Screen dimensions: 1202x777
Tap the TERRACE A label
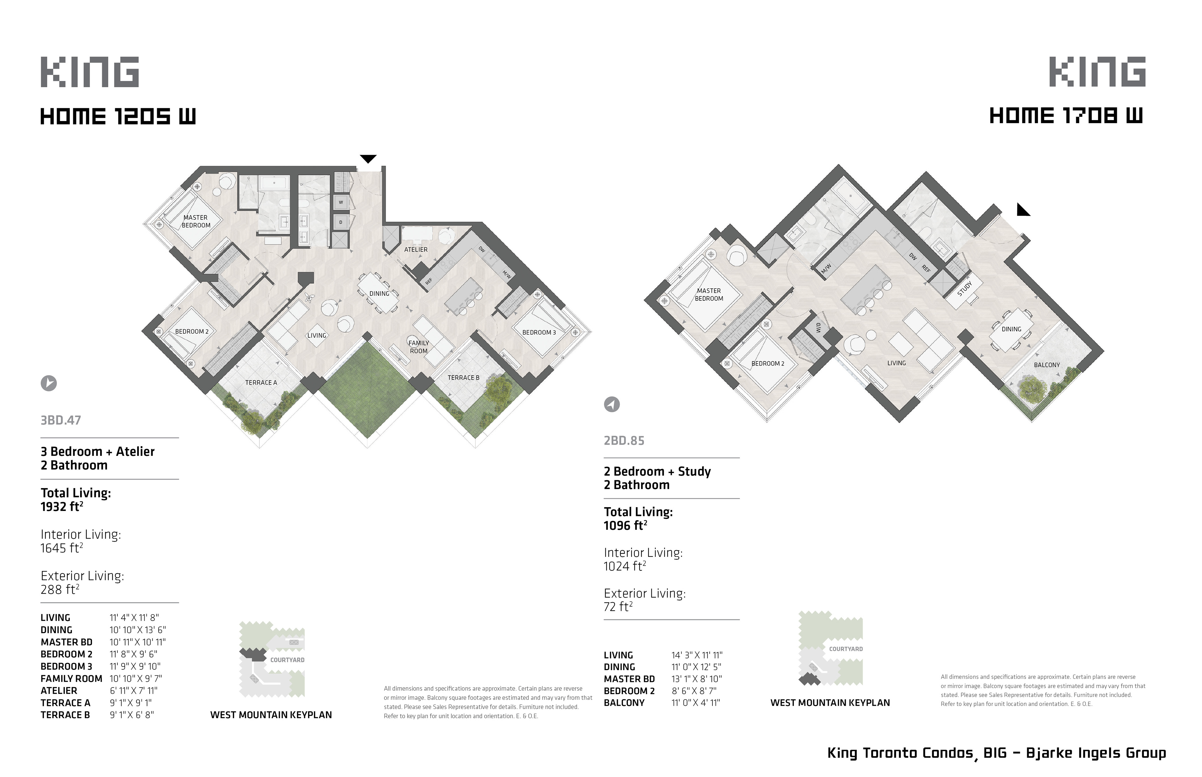[x=261, y=382]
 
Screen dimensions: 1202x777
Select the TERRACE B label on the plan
[x=463, y=377]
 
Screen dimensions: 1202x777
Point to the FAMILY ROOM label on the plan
[x=419, y=347]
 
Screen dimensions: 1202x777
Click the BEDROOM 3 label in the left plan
[x=539, y=332]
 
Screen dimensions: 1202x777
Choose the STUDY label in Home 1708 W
[x=965, y=289]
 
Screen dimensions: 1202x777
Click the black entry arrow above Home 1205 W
[x=368, y=159]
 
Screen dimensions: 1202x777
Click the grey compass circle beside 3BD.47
[x=49, y=383]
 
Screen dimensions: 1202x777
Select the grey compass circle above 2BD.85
[x=612, y=404]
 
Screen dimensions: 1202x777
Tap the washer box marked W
[x=341, y=202]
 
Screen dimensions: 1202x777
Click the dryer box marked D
[x=341, y=222]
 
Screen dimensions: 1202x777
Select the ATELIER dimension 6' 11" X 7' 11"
[x=133, y=691]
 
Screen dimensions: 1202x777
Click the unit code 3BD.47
[x=61, y=420]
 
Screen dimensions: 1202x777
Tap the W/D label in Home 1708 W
[x=818, y=328]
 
